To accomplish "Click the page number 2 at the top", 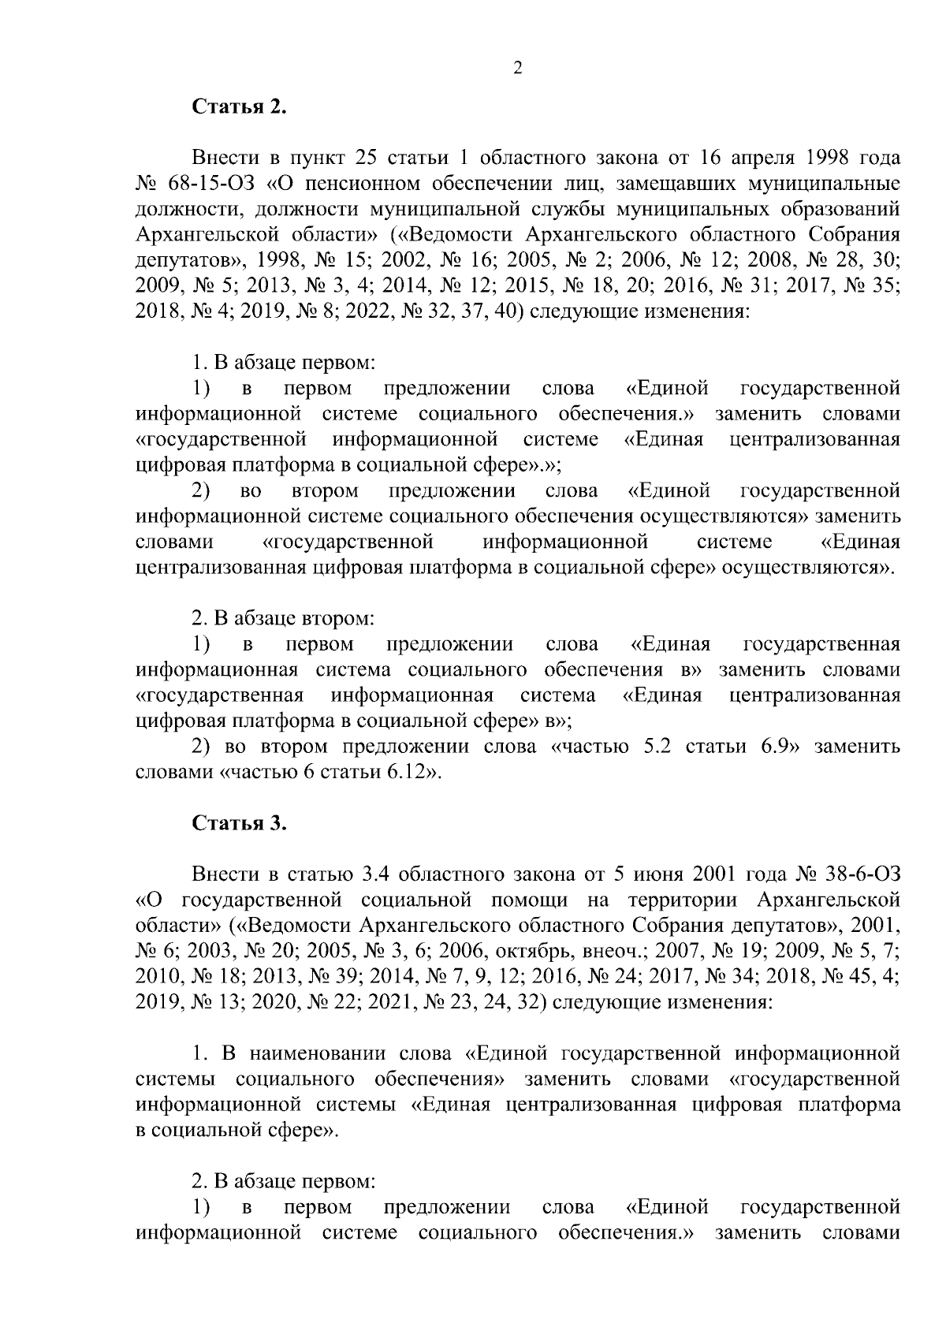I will click(x=518, y=69).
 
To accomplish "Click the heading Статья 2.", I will click(x=239, y=107).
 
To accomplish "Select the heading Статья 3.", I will click(x=239, y=824).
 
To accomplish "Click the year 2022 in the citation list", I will click(x=367, y=312).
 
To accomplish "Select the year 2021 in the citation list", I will click(x=385, y=1003).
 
